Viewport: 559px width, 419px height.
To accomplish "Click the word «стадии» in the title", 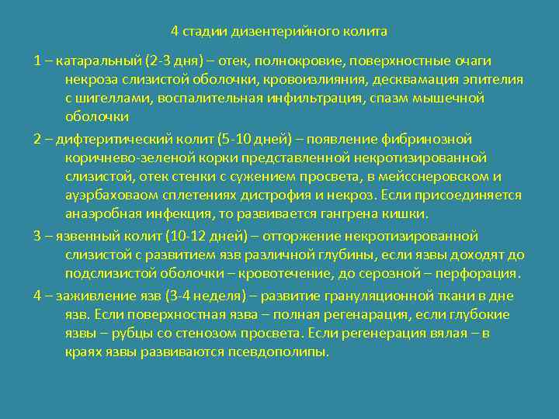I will (204, 32).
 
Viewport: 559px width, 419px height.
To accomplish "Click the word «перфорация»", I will (474, 273).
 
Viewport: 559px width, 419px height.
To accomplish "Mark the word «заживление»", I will (90, 296).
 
